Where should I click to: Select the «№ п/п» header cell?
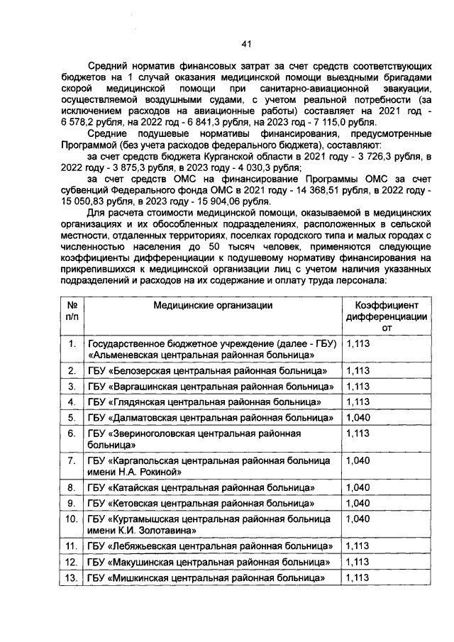pos(71,311)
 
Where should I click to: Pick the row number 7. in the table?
pos(71,460)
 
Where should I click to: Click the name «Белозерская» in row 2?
pos(141,371)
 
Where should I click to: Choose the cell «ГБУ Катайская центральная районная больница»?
pos(201,488)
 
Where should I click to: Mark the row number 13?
pos(71,578)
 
